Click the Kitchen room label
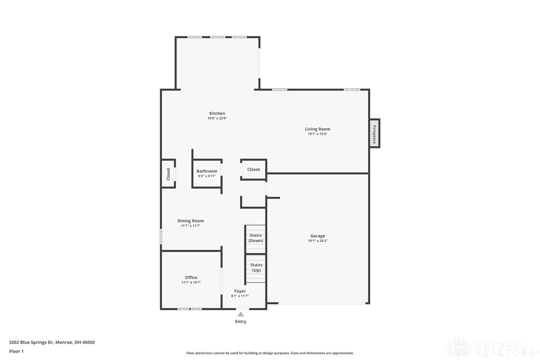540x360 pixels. tap(217, 113)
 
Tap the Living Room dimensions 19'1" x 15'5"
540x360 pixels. tap(317, 134)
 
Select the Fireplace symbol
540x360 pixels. tap(374, 133)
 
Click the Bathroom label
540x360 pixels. tap(207, 171)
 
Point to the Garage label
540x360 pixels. tap(317, 236)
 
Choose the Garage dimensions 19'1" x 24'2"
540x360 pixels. tap(317, 241)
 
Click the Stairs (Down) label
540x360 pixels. tap(256, 238)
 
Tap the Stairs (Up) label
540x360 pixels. tap(256, 268)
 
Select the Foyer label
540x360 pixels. tap(240, 291)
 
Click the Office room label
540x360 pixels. tap(191, 277)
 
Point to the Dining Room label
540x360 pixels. tap(190, 221)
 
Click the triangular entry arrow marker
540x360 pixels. tap(240, 314)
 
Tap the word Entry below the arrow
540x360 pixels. tap(240, 322)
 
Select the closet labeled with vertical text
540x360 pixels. tap(168, 174)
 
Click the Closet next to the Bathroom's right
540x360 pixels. tap(254, 170)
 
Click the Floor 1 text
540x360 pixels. tap(16, 351)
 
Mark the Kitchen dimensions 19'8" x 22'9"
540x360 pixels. tap(217, 118)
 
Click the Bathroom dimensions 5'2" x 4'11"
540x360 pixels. tap(207, 176)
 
